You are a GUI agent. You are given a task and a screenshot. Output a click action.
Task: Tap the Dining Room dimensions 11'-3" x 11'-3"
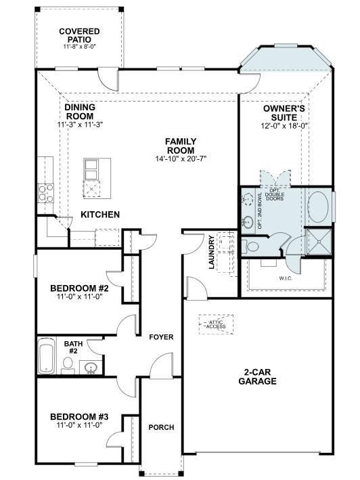[x=80, y=125]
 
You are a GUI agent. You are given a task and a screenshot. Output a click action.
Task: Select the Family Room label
[x=180, y=146]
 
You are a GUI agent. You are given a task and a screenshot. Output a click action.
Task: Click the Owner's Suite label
[x=285, y=112]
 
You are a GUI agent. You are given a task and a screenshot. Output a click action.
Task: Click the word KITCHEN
[x=100, y=215]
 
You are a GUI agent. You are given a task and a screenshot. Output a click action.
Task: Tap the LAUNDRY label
[x=212, y=253]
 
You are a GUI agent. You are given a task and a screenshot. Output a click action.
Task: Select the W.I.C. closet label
[x=285, y=278]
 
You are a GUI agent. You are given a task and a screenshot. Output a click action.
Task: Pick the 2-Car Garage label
[x=257, y=376]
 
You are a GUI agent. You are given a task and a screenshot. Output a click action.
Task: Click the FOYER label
[x=161, y=337]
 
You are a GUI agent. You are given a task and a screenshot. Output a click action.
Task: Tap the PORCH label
[x=161, y=427]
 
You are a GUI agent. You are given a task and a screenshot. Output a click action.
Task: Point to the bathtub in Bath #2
[x=47, y=357]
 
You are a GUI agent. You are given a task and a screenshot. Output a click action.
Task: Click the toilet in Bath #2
[x=68, y=365]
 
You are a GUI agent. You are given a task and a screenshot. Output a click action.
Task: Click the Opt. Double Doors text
[x=275, y=195]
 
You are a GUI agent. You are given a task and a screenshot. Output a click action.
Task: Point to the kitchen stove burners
[x=46, y=193]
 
